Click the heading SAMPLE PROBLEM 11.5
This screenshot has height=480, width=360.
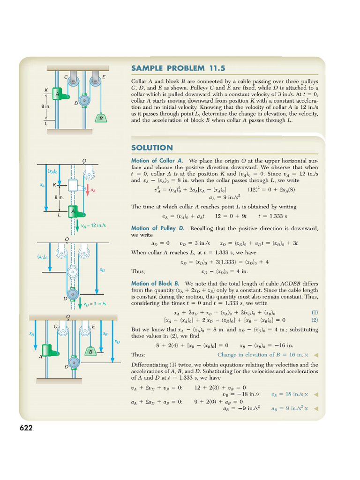(x=175, y=68)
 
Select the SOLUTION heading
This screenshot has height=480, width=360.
(x=152, y=148)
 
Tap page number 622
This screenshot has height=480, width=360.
(x=26, y=427)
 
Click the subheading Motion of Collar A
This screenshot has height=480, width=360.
(x=157, y=161)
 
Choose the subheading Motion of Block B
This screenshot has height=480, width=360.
(x=156, y=284)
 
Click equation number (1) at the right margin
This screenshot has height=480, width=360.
(x=315, y=313)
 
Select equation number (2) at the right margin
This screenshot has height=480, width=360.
(x=315, y=320)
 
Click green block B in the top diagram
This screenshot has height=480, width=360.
(x=100, y=118)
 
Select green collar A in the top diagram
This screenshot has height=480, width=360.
(x=58, y=94)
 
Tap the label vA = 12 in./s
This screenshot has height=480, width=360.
(x=93, y=225)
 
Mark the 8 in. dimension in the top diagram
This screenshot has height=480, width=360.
(x=46, y=106)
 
